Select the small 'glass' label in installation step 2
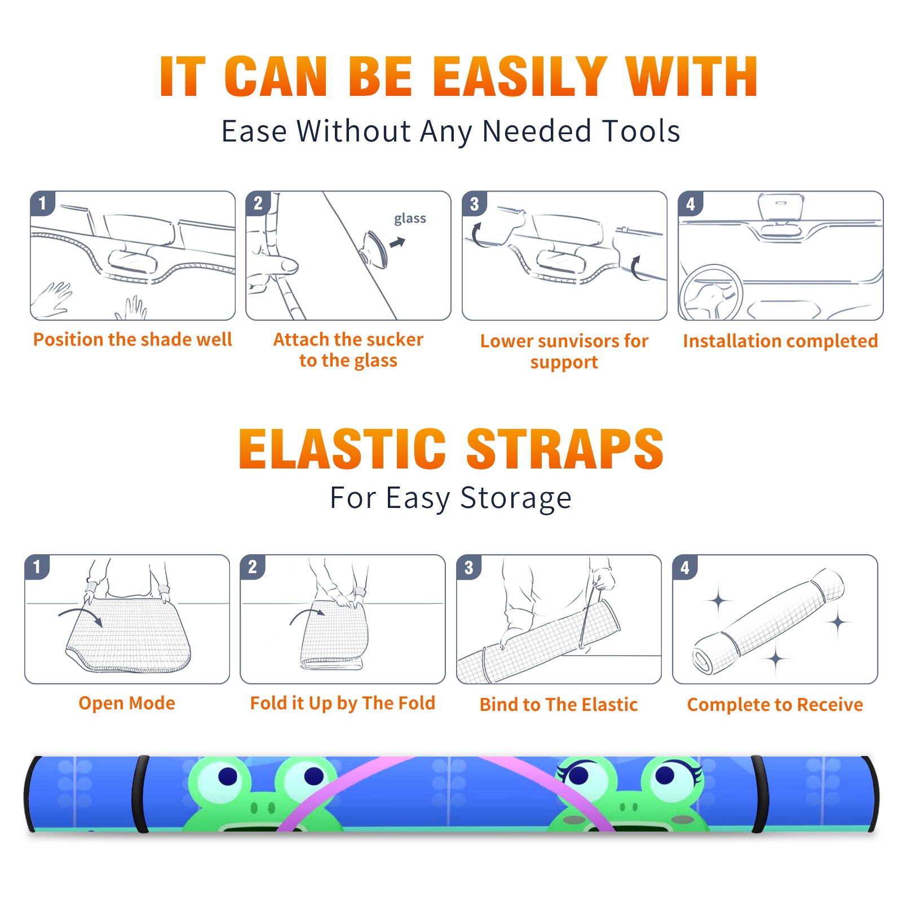[x=410, y=219]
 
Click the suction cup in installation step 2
[x=374, y=249]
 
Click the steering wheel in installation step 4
[x=711, y=293]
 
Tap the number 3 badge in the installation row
[x=474, y=204]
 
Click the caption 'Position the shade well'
[x=132, y=339]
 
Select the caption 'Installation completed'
[x=780, y=341]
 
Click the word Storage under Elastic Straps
[x=516, y=498]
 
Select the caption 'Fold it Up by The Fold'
[x=343, y=703]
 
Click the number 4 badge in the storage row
[x=685, y=567]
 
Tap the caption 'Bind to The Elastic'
[x=559, y=705]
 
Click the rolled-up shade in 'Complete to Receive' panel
[x=769, y=621]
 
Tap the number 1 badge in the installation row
[x=42, y=203]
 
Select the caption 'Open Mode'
[x=127, y=703]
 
